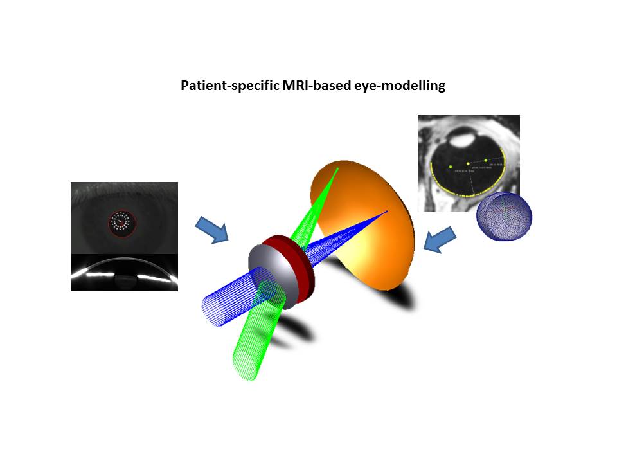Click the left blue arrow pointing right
[212, 228]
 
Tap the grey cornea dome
[270, 270]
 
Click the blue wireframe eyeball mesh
[504, 216]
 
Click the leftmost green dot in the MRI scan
[451, 167]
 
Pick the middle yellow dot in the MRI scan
[468, 163]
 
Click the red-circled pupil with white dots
[121, 222]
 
